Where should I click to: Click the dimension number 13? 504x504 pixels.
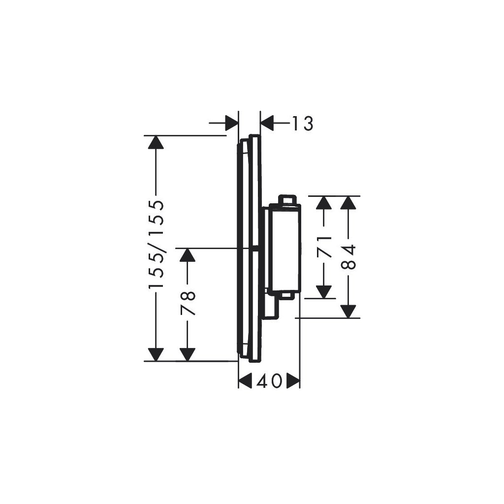click(301, 124)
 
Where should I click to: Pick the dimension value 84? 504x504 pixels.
click(348, 257)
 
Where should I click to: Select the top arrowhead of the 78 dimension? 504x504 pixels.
click(187, 254)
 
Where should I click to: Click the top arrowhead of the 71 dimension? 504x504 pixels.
click(323, 203)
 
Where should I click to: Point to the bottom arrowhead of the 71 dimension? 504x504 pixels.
click(323, 291)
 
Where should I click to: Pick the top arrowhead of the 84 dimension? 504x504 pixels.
click(348, 203)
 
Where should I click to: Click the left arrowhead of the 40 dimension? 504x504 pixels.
click(245, 380)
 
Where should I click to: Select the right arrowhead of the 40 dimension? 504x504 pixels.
click(293, 380)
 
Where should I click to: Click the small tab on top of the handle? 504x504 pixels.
click(287, 199)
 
